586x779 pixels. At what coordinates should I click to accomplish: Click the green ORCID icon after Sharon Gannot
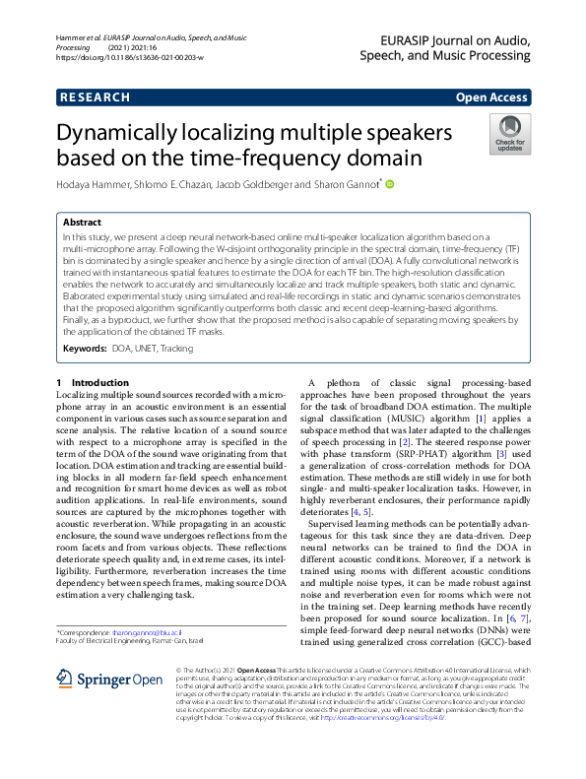point(389,184)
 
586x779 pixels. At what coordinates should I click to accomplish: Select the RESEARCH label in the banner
point(95,97)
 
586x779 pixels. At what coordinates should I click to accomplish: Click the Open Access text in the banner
point(491,97)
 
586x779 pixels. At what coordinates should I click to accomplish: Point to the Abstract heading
point(82,223)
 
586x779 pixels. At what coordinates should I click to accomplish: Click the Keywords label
point(85,349)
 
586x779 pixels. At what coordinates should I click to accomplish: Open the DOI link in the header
point(129,58)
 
